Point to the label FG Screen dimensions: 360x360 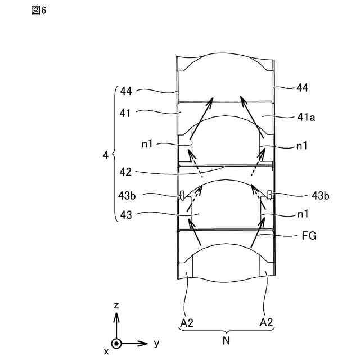pos(309,237)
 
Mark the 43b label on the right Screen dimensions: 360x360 pos(321,195)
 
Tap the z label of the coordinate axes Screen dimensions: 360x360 pos(116,305)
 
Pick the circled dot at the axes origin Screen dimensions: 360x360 pos(116,343)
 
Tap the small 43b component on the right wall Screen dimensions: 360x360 pos(271,195)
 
